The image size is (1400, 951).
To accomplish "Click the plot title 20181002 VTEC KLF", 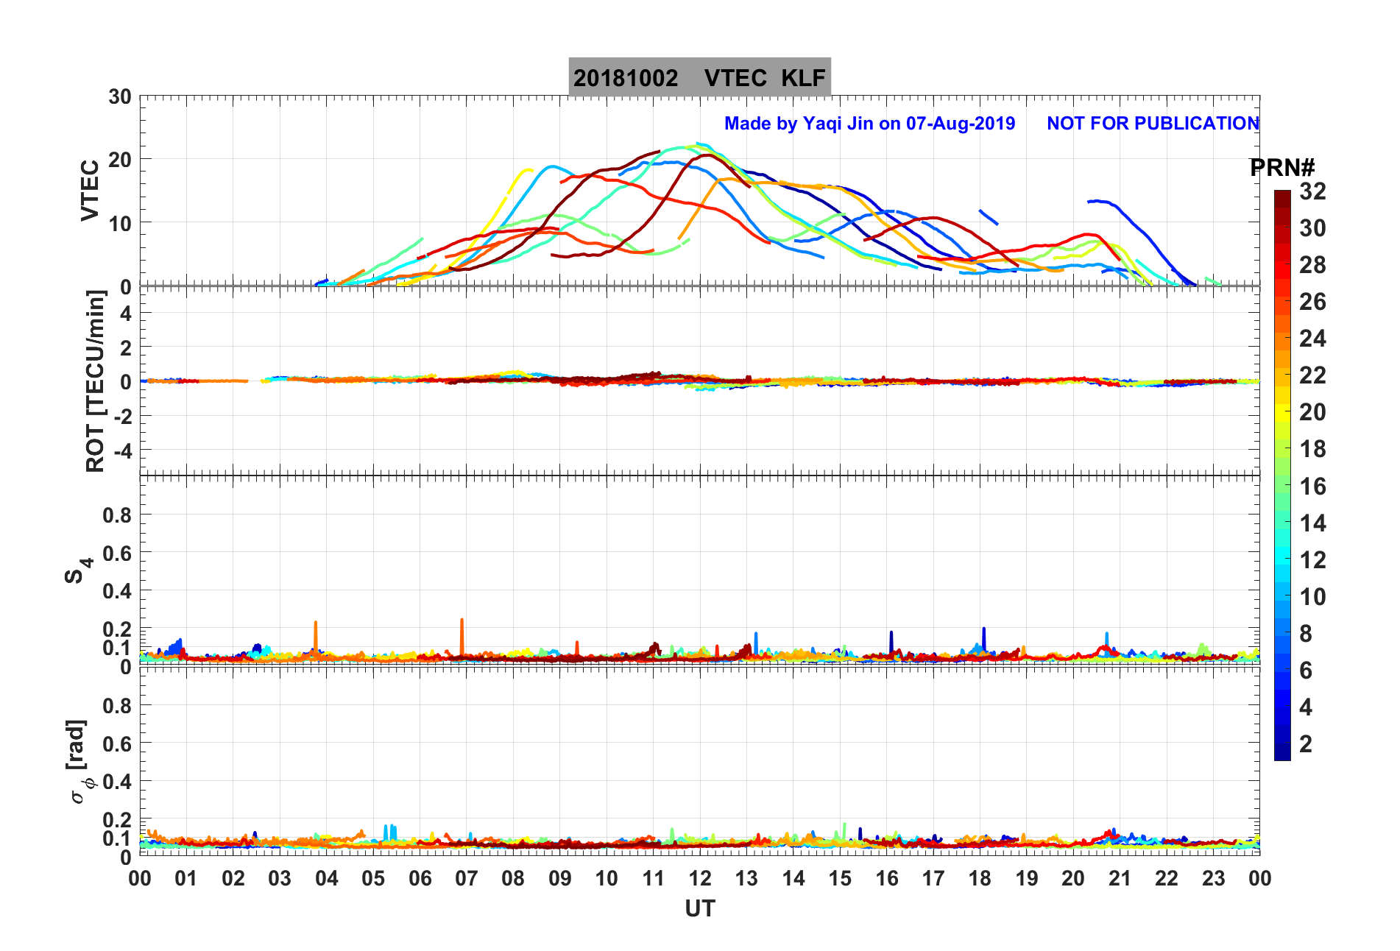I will point(699,77).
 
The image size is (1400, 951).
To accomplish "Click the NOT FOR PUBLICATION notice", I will point(1153,123).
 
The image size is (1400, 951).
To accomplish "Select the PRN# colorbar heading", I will point(1282,168).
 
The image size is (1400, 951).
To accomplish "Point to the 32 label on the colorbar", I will point(1312,191).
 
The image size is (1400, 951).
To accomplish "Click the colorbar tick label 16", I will point(1312,486).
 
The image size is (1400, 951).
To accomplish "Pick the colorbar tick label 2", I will point(1306,743).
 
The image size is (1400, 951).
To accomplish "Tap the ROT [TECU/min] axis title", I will point(96,381).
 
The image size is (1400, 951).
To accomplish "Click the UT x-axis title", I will point(699,909).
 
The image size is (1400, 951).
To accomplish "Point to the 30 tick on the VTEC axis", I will point(119,97).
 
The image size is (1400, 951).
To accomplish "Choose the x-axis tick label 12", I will point(700,878).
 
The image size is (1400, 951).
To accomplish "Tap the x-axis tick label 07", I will point(467,878).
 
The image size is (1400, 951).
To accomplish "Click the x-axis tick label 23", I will point(1213,878).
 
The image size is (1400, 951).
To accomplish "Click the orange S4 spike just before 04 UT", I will point(315,634).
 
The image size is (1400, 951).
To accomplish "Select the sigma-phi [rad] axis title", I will point(79,762).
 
